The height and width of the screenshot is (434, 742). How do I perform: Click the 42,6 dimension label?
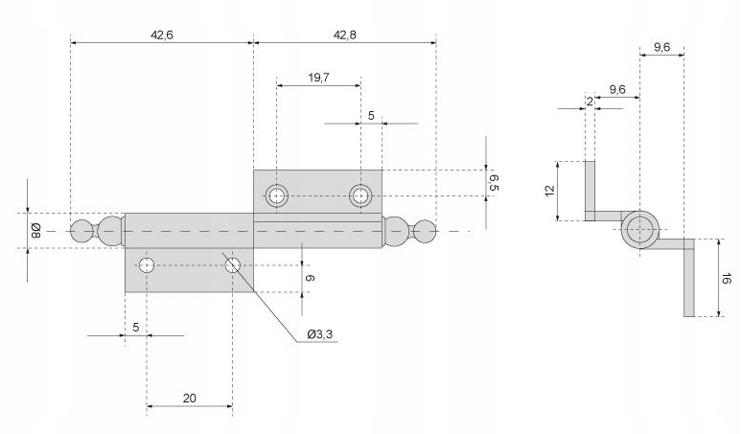tap(162, 34)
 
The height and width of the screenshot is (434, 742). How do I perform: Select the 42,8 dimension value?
tap(345, 34)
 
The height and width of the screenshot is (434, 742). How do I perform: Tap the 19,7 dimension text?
tap(319, 79)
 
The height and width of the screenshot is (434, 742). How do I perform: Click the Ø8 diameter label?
tap(35, 230)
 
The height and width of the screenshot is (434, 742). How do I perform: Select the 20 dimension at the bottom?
tap(189, 396)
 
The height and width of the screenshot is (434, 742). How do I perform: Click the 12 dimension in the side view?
tap(550, 191)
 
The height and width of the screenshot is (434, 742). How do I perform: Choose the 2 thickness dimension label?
tap(589, 101)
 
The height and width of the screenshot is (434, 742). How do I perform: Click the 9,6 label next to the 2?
tap(616, 89)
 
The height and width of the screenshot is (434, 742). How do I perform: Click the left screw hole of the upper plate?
tap(277, 195)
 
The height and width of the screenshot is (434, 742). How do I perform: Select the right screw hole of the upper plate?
tap(360, 195)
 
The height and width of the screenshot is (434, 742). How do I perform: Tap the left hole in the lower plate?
tap(147, 264)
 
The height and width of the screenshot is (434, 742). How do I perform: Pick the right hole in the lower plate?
tap(232, 264)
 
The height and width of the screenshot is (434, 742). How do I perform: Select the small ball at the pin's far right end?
tap(426, 230)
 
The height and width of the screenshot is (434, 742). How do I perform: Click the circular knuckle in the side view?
tap(639, 230)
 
